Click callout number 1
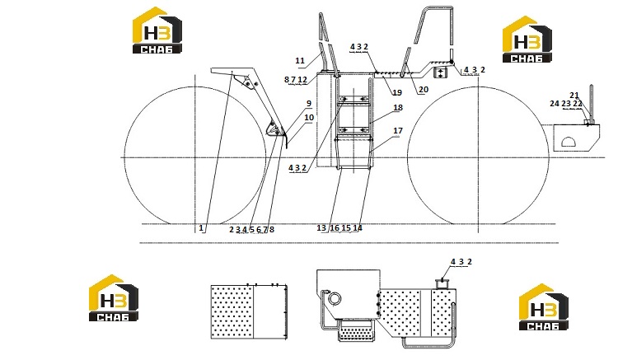tap(201, 227)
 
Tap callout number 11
tap(300, 61)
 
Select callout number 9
tap(309, 104)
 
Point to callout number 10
tap(309, 117)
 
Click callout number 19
tap(397, 92)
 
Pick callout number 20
tap(424, 90)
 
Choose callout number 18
tap(398, 107)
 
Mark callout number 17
tap(398, 130)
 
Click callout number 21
tap(574, 96)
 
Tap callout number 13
tap(321, 227)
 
